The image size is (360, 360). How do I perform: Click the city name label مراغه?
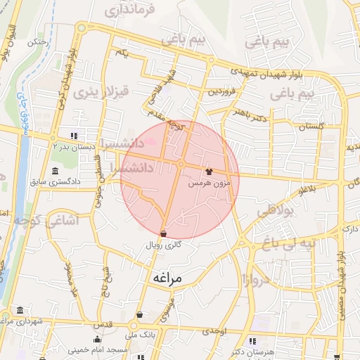[167, 278]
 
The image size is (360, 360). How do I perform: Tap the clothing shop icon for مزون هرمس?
[209, 171]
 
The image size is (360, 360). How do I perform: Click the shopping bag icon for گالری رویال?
[163, 233]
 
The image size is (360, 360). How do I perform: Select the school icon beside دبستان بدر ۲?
[75, 136]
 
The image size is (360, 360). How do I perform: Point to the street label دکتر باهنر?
[251, 114]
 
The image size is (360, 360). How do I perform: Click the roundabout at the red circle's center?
[181, 164]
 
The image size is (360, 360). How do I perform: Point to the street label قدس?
[103, 324]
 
